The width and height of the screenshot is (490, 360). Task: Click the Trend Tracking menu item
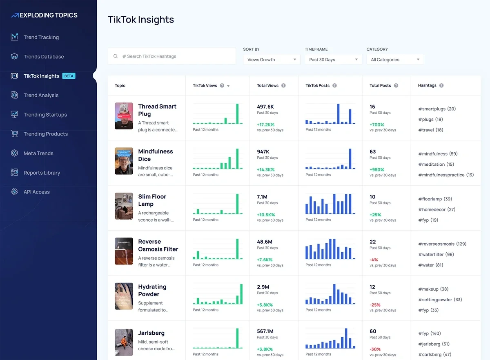[x=41, y=37]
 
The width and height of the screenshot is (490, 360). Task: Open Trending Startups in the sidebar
[x=45, y=115]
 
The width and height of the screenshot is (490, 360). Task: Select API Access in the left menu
[x=36, y=192]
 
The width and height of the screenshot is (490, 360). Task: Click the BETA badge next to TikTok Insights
[x=69, y=76]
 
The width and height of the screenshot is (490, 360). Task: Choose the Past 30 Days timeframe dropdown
[x=333, y=60]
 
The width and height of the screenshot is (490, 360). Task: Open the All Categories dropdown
[x=395, y=60]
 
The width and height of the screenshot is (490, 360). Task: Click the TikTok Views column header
[x=205, y=86]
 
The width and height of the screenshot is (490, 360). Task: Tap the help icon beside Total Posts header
[x=396, y=86]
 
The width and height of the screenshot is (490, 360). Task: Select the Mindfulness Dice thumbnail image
[x=124, y=161]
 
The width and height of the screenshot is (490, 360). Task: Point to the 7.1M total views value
[x=262, y=197]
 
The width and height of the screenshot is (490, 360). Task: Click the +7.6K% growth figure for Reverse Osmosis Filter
[x=265, y=260]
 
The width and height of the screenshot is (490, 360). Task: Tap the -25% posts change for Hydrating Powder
[x=375, y=305]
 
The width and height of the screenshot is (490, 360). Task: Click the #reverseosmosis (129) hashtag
[x=442, y=244]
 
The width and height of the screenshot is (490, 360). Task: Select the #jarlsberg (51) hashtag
[x=434, y=344]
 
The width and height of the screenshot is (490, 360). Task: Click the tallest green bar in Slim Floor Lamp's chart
[x=237, y=203]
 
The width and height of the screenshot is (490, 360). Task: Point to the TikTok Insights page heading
[x=140, y=20]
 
